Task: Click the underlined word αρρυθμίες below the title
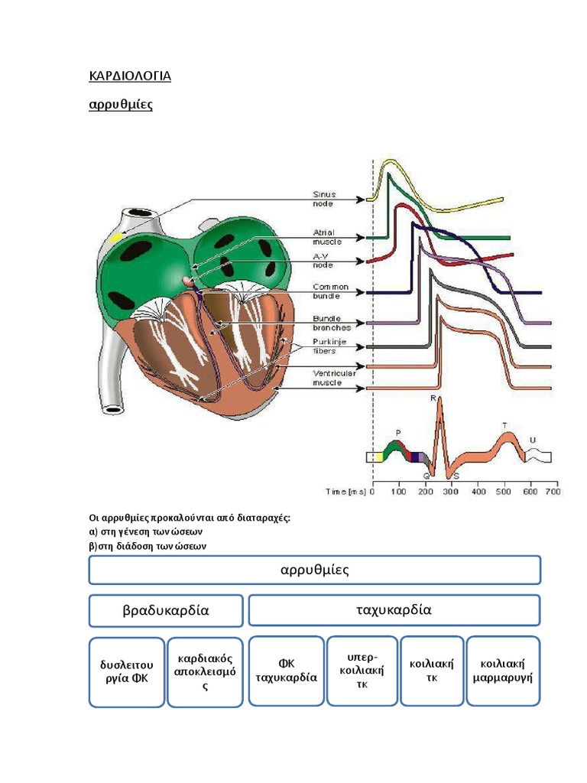(x=121, y=104)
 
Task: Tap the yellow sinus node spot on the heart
(x=116, y=238)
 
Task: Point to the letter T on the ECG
(x=504, y=425)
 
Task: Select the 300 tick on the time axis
(x=451, y=492)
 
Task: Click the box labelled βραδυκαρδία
(x=166, y=611)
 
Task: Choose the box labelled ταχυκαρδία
(x=394, y=610)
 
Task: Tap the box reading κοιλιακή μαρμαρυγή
(x=502, y=671)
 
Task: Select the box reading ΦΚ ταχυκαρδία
(x=287, y=671)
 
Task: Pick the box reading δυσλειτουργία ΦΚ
(x=127, y=671)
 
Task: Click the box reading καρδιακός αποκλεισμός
(x=205, y=671)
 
